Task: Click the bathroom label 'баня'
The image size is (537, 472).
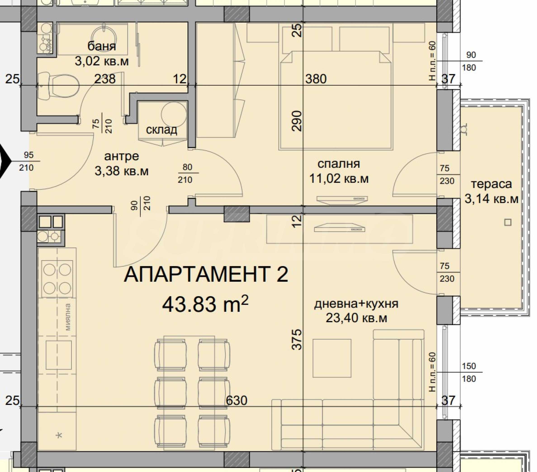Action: point(102,46)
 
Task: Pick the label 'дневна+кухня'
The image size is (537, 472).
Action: point(356,304)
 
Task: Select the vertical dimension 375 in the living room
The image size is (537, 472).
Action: point(297,339)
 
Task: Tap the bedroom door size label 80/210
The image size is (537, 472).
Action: point(187,173)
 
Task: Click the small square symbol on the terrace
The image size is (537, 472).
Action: point(508,222)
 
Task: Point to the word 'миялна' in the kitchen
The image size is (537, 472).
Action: point(68,317)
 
